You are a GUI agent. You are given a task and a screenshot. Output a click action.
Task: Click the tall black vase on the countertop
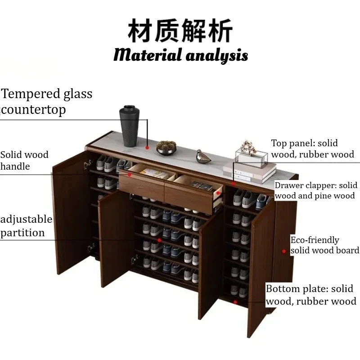pos(129,126)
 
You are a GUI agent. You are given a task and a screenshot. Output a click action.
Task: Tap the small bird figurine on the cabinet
pos(202,157)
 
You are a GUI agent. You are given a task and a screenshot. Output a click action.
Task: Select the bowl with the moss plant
pos(166,148)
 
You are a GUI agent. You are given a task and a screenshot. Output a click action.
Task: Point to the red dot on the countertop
pos(147,148)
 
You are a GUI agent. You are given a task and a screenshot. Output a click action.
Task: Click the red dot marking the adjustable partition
pos(159,240)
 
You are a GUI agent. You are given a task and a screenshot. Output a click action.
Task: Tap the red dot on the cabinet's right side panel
pos(284,251)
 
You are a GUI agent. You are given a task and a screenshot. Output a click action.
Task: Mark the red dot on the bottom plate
pos(235,302)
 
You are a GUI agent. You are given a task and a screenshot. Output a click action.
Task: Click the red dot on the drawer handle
pos(129,175)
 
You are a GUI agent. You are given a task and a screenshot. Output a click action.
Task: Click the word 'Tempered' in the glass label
pos(31,94)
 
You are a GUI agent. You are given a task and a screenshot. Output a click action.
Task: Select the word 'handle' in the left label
pos(15,166)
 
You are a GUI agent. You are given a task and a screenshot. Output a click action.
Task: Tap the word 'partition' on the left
pos(22,233)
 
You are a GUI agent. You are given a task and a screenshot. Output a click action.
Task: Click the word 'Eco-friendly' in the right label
pos(315,240)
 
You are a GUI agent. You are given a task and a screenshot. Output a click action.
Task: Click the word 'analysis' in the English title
pos(217,56)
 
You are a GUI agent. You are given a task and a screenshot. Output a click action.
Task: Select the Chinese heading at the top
pos(180,31)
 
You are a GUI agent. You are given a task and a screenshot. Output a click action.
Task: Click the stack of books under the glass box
pos(250,173)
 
